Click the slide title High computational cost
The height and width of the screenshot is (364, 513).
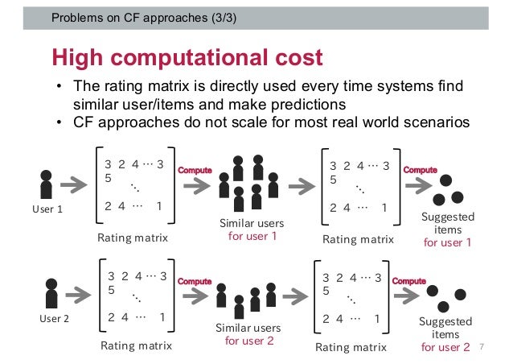tap(187, 57)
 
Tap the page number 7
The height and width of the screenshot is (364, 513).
tap(482, 347)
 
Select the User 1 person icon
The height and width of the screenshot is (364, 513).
tap(47, 184)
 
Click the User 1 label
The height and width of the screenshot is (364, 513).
tap(47, 209)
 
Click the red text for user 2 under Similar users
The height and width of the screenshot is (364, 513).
tap(250, 341)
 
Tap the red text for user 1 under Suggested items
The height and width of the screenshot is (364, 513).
tap(447, 242)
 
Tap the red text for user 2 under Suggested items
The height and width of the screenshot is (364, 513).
tap(445, 347)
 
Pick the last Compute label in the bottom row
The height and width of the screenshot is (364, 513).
tap(409, 281)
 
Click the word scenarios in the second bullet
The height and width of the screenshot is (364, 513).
tap(429, 122)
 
